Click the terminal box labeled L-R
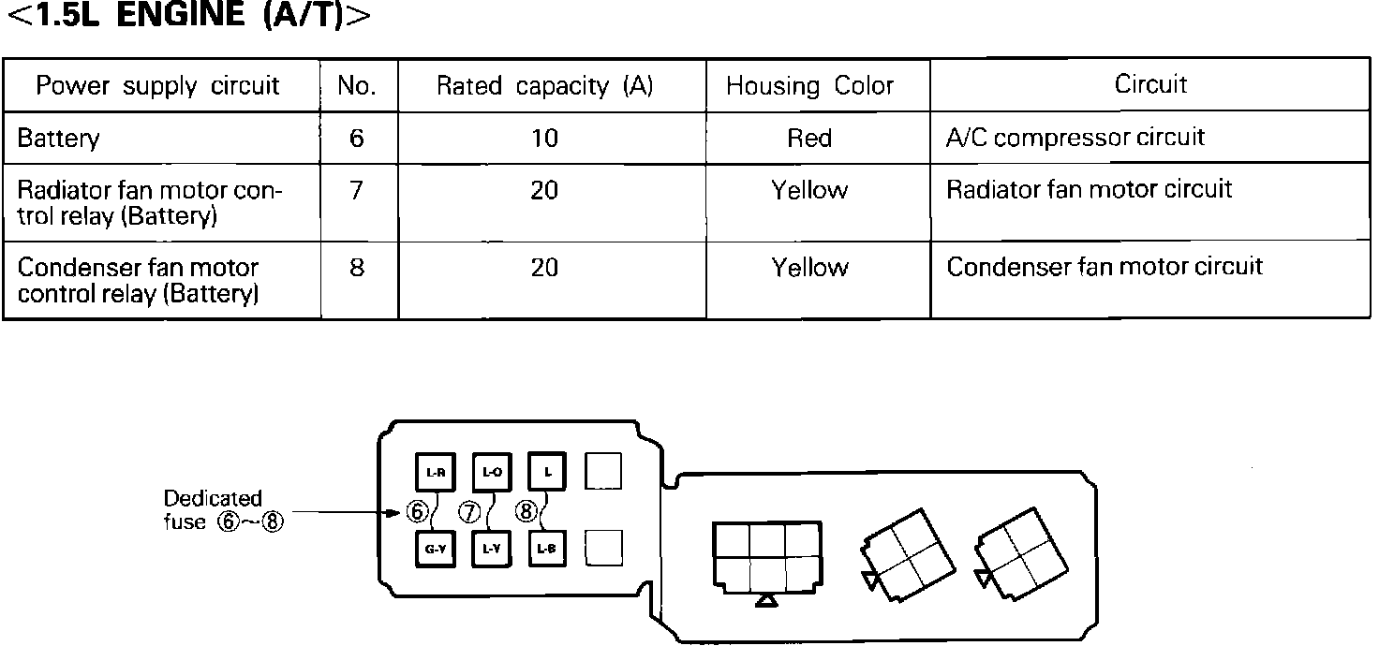click(435, 473)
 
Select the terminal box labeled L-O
click(492, 473)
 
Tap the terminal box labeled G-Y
click(435, 550)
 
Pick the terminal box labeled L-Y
click(492, 550)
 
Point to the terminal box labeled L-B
click(547, 550)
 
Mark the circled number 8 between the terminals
click(527, 512)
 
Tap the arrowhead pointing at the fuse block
click(395, 512)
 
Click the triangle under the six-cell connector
click(767, 601)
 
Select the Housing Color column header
click(809, 86)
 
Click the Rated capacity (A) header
click(544, 86)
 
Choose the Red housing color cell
click(809, 139)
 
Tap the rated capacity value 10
click(544, 139)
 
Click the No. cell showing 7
click(356, 191)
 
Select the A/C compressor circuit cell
click(1075, 138)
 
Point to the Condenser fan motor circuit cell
click(1105, 267)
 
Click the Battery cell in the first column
click(58, 139)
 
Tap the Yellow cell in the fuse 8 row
click(809, 268)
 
